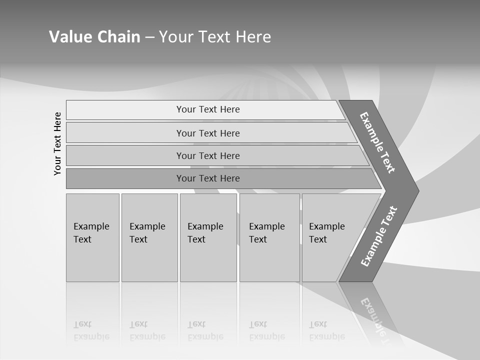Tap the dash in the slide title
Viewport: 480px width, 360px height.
coord(150,37)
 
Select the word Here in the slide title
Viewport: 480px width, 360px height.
coord(253,37)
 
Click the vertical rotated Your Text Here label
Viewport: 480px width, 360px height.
coord(57,143)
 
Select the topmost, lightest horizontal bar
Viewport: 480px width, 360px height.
coord(208,109)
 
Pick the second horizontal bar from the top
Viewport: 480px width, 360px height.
coord(208,133)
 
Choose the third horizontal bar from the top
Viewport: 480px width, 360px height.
coord(208,155)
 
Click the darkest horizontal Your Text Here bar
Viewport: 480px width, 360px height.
coord(208,178)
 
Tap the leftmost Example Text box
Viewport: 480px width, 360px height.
coord(92,237)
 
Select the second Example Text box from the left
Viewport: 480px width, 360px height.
coord(149,237)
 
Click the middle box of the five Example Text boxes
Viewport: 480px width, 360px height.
coord(208,237)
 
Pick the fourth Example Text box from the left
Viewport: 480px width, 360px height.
coord(269,237)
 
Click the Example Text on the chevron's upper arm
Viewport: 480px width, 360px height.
coord(377,142)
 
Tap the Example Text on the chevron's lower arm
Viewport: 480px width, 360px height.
coord(379,236)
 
